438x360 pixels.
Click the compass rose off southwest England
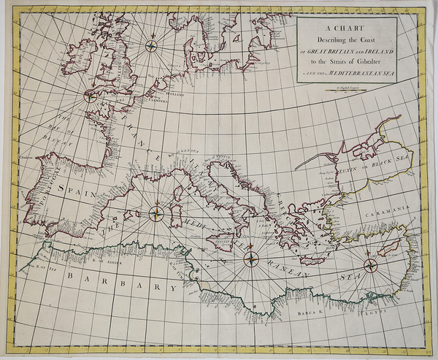coord(91,94)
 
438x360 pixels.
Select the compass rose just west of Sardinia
coord(157,213)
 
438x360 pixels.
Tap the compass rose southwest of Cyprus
coord(370,267)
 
